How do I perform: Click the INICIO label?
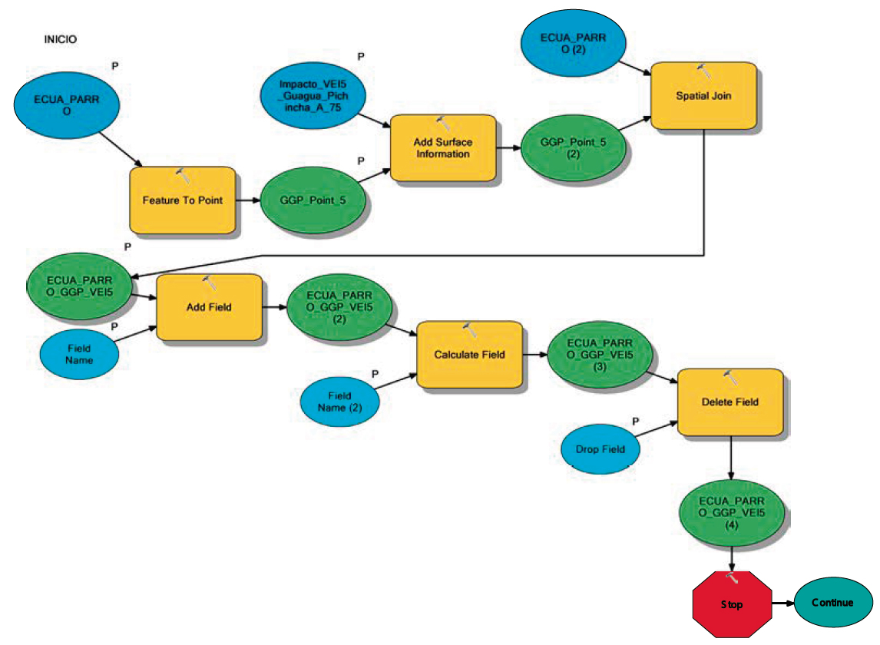(60, 39)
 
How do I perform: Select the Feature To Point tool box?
(183, 200)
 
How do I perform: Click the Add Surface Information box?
(443, 147)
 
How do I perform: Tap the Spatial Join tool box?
(703, 95)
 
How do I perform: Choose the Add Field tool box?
(209, 307)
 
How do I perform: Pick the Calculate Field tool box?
(469, 354)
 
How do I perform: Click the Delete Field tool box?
(730, 402)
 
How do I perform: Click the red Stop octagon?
(732, 604)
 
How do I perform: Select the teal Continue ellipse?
(833, 602)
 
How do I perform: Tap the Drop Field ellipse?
(600, 449)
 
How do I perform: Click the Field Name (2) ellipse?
(339, 402)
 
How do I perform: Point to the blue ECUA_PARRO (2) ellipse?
(573, 43)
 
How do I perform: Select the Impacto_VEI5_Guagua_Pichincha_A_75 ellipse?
(313, 95)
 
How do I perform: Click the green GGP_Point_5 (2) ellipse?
(573, 147)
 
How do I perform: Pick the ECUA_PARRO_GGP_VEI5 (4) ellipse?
(731, 513)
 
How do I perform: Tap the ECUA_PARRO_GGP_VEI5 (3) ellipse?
(600, 355)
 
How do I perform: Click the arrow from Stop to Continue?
(783, 604)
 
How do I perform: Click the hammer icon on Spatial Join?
(703, 71)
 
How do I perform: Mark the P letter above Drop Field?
(635, 421)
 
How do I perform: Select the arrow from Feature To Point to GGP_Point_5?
(248, 200)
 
